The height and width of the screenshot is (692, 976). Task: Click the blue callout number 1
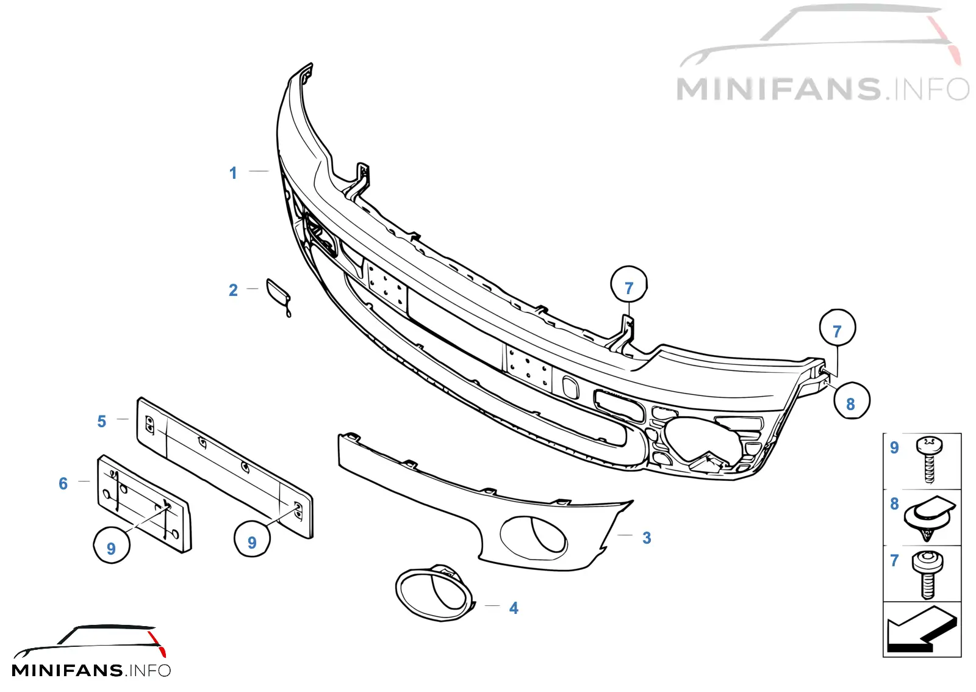coord(233,173)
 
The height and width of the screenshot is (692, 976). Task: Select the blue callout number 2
coord(233,290)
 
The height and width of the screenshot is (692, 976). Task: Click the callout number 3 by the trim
coord(647,538)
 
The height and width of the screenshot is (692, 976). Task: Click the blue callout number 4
coord(514,608)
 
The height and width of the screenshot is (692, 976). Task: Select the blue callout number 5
coord(101,422)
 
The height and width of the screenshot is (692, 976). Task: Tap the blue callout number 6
coord(63,484)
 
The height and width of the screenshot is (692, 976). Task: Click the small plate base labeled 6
coord(144,504)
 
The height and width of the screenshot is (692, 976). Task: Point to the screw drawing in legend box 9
coord(929,460)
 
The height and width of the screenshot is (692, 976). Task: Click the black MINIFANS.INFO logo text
coord(91,670)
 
